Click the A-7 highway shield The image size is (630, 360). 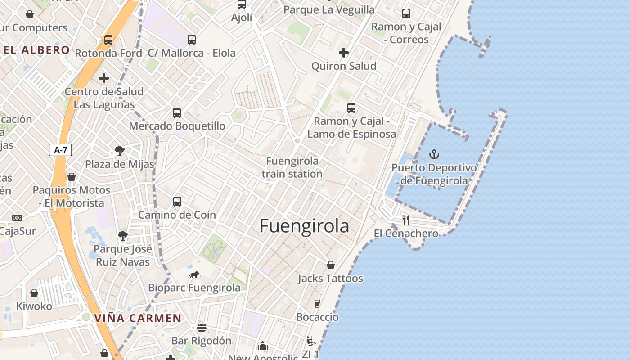[x=60, y=150]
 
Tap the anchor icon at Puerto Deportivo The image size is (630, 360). [x=434, y=155]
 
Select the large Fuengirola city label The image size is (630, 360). [x=304, y=226]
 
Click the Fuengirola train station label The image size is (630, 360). [x=292, y=167]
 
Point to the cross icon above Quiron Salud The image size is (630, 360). [x=344, y=53]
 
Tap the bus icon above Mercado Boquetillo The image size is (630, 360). [x=177, y=112]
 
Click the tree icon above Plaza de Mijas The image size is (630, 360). [x=120, y=150]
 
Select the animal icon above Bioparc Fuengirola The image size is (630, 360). [x=194, y=274]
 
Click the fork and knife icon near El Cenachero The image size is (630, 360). [x=406, y=220]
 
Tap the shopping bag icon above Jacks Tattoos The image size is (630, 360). [x=331, y=265]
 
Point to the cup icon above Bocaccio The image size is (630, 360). [x=317, y=303]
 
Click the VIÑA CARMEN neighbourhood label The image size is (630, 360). [x=138, y=319]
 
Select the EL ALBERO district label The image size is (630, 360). [x=37, y=50]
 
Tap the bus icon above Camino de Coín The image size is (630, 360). [x=177, y=201]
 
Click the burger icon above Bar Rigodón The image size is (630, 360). [x=201, y=327]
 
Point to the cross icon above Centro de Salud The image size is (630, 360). [x=104, y=78]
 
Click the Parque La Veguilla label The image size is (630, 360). [x=329, y=9]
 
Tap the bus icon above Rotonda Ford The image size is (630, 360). [x=108, y=40]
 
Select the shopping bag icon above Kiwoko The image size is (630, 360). [x=34, y=293]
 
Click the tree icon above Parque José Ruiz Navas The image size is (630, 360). [x=122, y=235]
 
